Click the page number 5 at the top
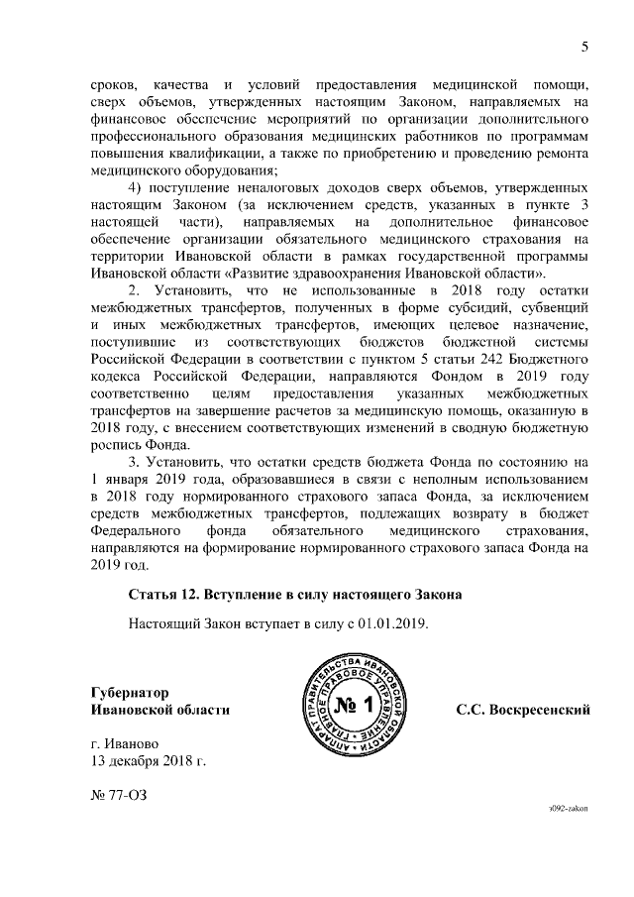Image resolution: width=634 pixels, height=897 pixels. [584, 47]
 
